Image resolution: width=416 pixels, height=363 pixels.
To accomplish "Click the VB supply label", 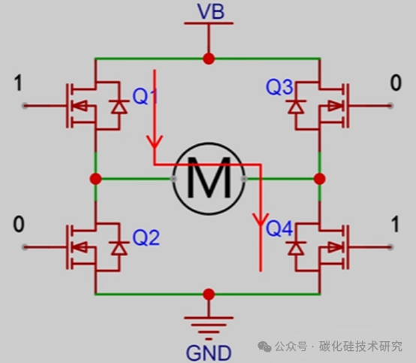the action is [211, 11].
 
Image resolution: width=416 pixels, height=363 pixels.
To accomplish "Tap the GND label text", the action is [209, 353].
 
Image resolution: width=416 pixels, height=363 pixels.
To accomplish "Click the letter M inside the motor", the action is [209, 177].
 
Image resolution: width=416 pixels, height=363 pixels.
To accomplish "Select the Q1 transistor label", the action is [145, 96].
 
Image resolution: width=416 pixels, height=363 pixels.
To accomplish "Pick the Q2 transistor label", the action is [146, 237].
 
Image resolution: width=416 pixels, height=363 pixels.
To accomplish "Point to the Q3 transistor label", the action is [279, 87].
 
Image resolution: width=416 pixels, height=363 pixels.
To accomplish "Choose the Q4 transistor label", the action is [279, 228].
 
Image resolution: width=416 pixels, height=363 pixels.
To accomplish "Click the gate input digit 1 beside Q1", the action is [18, 83].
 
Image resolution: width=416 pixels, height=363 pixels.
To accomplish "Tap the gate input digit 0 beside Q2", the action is [19, 225].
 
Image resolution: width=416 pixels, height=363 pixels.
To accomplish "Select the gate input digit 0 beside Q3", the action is [396, 83].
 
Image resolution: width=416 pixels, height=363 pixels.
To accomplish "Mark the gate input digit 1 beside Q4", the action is [395, 225].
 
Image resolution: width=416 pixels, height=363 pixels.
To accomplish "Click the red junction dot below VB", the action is [209, 59].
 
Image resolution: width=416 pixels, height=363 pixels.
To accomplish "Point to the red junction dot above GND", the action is [209, 294].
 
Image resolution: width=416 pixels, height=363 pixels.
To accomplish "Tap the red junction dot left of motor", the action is [95, 179].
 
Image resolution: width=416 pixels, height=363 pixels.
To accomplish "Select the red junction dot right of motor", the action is [319, 179].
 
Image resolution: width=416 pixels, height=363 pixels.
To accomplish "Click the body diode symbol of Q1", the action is [119, 107].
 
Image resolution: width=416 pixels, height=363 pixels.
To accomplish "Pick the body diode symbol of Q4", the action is [296, 248].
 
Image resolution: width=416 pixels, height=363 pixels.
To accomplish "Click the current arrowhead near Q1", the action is [155, 141].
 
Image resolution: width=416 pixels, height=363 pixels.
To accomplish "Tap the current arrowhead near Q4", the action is [261, 219].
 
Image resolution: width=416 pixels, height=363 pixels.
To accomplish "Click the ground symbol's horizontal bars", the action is [209, 328].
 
